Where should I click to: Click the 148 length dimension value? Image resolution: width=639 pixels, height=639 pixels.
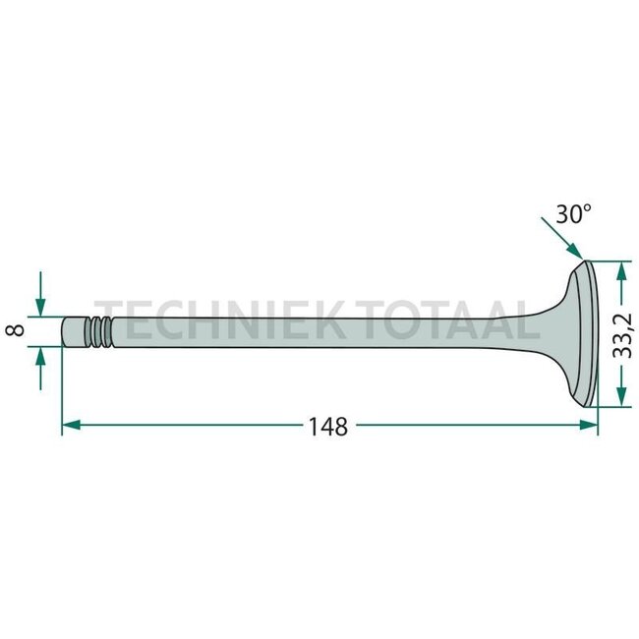pos(328,427)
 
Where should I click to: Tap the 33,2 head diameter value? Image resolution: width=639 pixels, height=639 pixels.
pos(622,335)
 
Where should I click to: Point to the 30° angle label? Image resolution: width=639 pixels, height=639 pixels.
pos(573,213)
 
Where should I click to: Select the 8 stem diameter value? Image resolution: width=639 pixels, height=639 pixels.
pos(15,329)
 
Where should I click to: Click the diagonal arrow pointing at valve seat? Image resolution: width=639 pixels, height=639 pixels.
pos(562,239)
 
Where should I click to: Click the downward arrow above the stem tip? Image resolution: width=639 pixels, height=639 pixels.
pos(40,294)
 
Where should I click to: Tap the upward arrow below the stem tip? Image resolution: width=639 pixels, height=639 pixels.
pos(40,369)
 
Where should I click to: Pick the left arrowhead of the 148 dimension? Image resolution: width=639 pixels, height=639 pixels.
pos(71,425)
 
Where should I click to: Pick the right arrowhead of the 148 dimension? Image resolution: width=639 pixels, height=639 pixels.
pos(589,425)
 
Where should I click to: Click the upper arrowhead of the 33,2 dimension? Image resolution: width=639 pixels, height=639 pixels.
pos(621,270)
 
